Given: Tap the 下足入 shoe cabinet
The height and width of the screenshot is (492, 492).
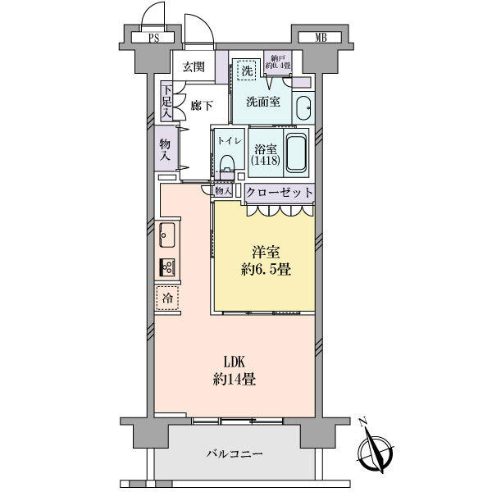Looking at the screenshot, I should pos(166,102).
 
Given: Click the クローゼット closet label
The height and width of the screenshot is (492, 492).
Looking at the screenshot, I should pos(280,193).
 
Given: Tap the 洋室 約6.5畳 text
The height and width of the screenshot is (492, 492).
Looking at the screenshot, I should pos(262,260).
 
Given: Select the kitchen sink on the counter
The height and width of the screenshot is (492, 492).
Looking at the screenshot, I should pos(166,237).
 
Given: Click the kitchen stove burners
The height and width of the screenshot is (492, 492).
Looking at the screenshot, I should pos(168,267).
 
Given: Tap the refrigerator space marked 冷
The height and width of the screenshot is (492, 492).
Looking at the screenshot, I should pos(167,298).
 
